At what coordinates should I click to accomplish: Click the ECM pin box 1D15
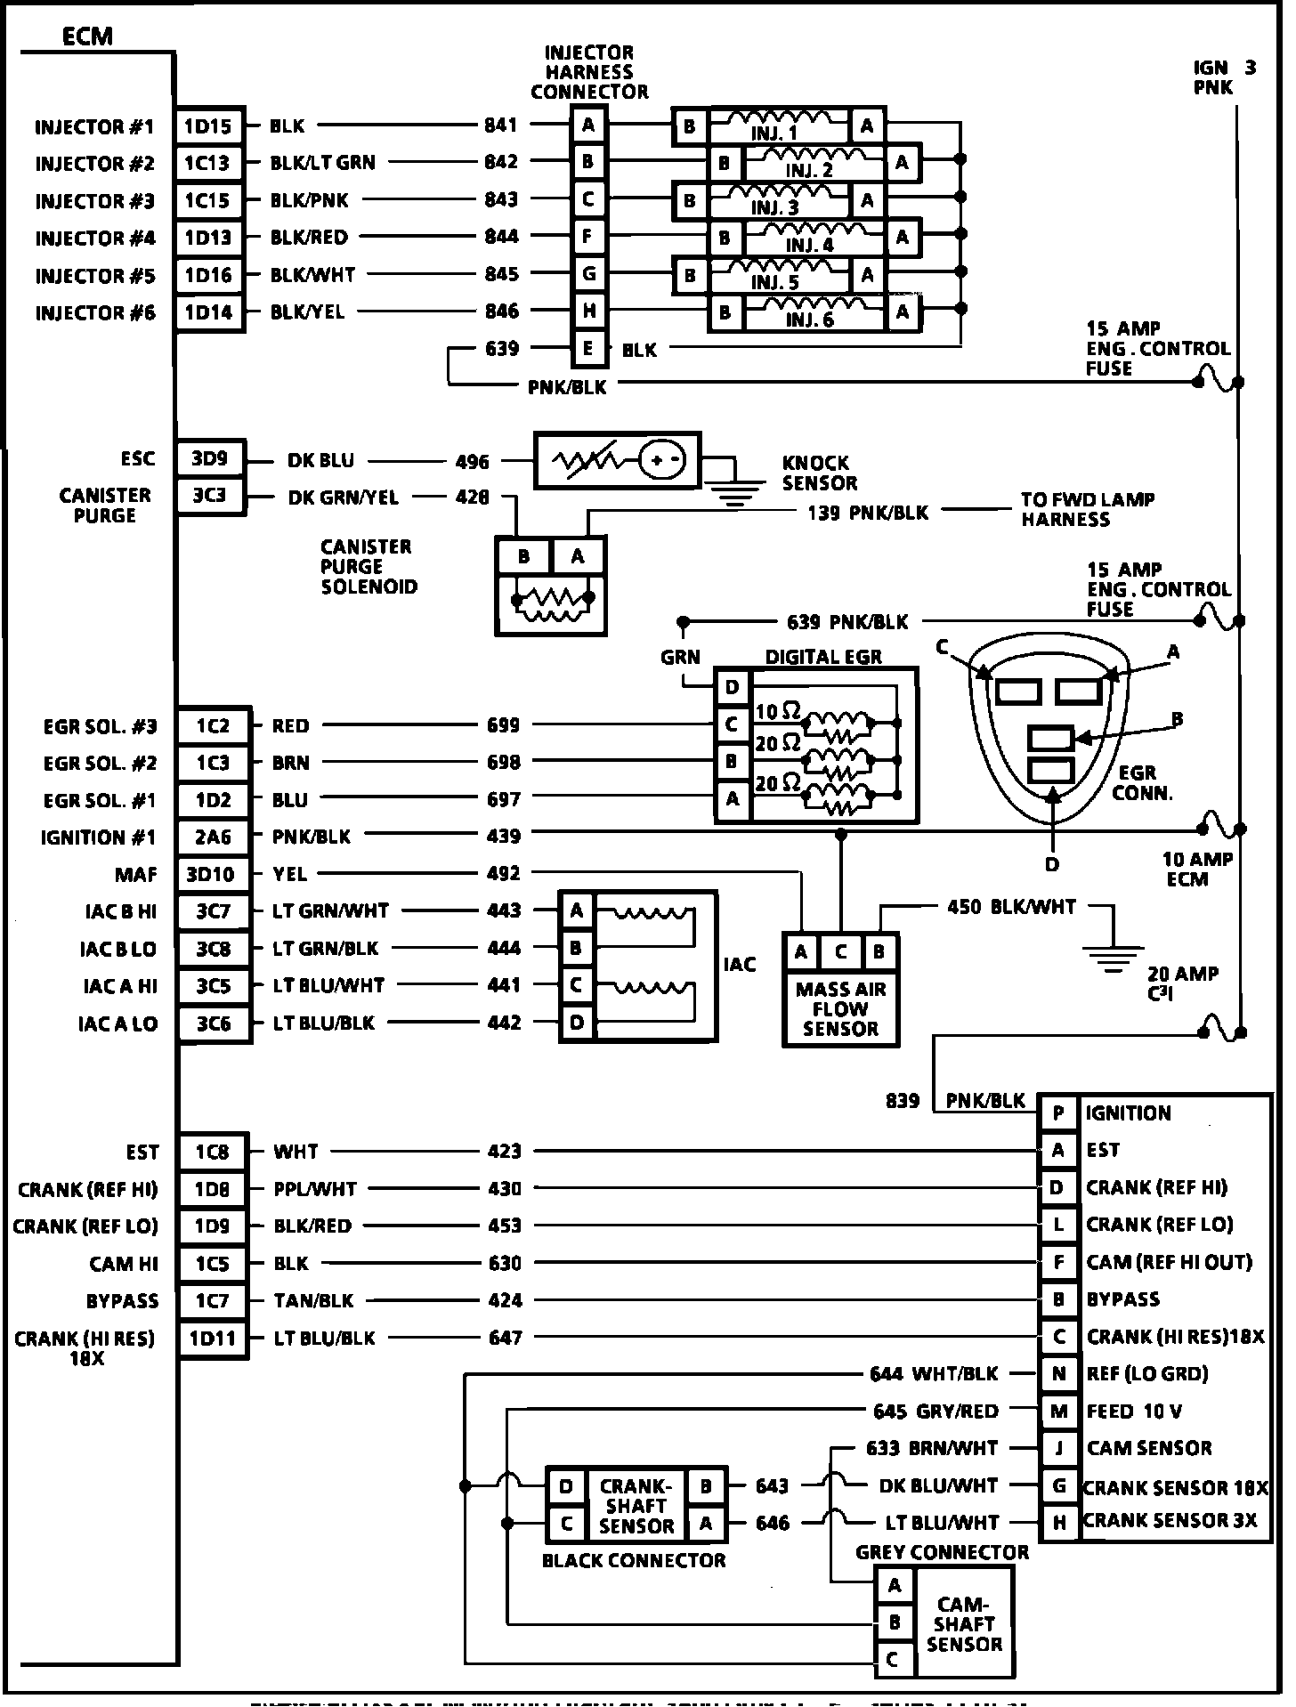point(208,126)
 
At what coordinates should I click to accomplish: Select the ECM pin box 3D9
point(209,459)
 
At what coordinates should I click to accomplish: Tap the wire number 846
point(501,311)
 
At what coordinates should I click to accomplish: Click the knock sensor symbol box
point(617,460)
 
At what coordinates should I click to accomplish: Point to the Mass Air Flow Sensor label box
point(840,1008)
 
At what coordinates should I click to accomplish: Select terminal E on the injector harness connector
point(588,348)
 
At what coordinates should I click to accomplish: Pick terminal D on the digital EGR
point(733,687)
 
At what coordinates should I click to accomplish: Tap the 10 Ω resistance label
point(777,711)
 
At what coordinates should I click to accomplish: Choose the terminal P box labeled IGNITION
point(1058,1113)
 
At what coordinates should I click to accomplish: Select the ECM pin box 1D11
point(213,1338)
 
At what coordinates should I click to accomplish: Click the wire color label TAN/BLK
point(313,1300)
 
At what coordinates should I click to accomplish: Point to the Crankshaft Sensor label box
point(636,1506)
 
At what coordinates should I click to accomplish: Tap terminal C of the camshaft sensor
point(893,1660)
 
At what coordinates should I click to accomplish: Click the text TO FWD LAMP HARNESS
point(1087,509)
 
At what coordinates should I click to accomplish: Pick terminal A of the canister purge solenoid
point(578,557)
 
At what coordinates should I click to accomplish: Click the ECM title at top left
point(87,36)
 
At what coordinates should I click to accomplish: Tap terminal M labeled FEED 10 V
point(1058,1411)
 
